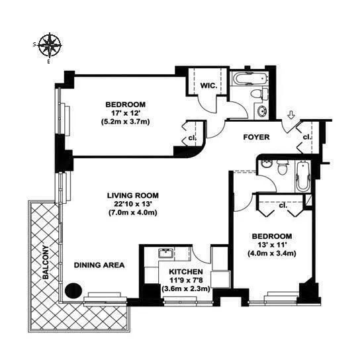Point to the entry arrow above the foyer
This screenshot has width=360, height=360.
(x=290, y=117)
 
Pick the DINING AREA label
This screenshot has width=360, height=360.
(x=99, y=265)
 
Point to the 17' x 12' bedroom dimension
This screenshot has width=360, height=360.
(x=124, y=113)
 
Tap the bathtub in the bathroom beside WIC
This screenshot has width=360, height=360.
(x=249, y=80)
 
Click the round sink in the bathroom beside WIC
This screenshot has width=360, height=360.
(x=261, y=110)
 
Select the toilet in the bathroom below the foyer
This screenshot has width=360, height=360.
(x=282, y=167)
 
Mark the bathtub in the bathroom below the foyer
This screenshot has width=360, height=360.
(x=302, y=175)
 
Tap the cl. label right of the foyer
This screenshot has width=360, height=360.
(x=306, y=137)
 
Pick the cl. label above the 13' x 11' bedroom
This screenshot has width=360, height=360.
(x=283, y=205)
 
